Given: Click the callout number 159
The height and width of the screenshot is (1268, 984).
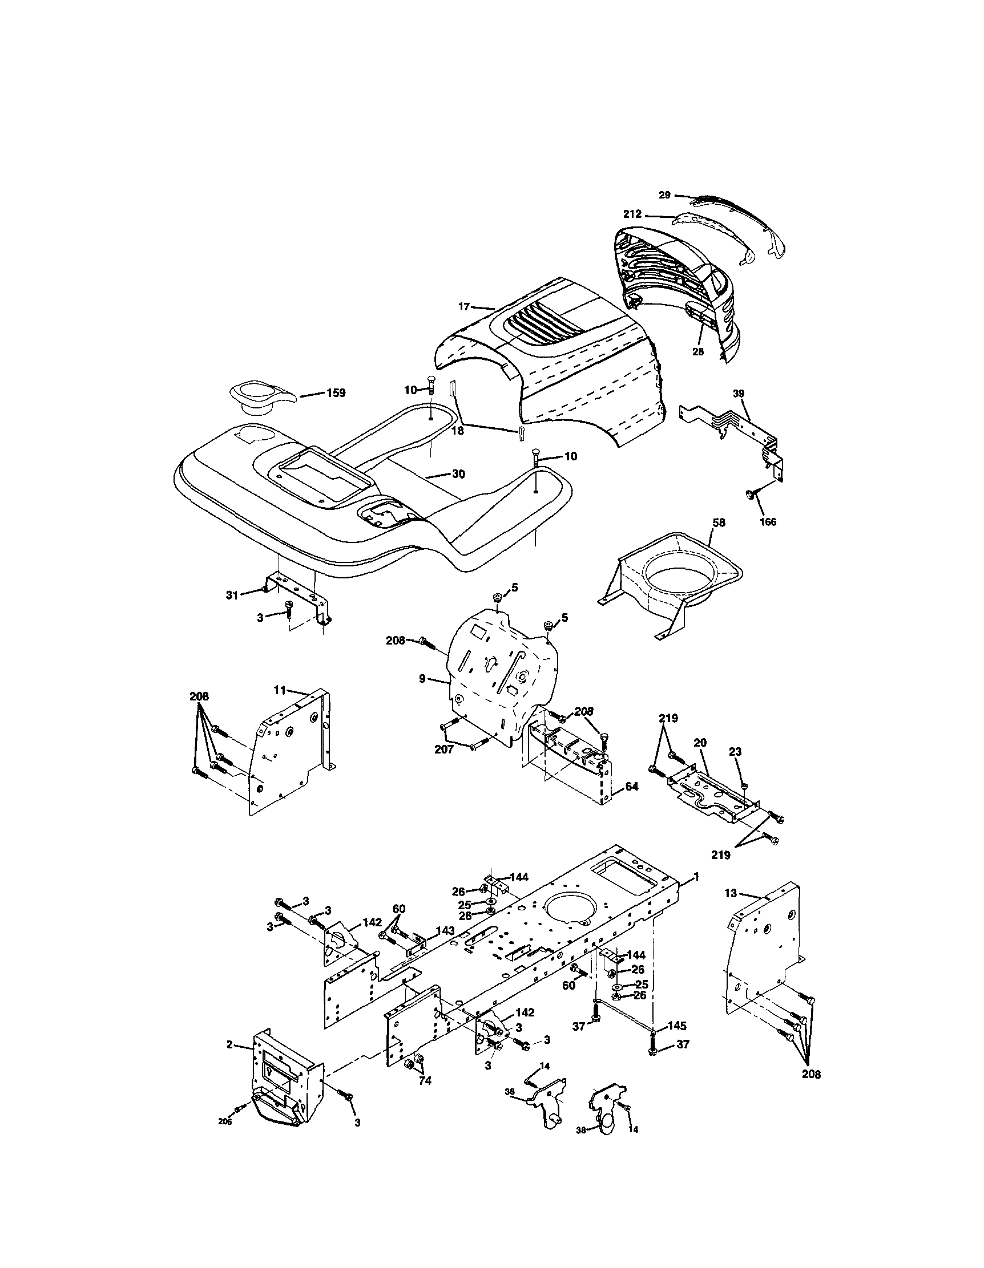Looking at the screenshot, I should coord(336,393).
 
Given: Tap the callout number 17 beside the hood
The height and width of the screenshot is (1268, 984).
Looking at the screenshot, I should coord(463,306).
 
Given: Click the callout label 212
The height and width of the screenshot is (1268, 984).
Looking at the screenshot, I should coord(632,214).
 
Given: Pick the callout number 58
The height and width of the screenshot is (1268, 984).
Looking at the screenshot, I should coord(719,523).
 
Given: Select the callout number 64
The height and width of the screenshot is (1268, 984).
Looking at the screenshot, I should coord(631,787).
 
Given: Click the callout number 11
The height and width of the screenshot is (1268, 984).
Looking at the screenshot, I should coord(280,690).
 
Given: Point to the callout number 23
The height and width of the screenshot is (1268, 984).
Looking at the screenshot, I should coord(735,751).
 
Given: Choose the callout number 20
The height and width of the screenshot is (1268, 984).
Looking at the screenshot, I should coord(700,743).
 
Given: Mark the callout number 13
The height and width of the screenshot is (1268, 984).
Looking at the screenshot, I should coord(731,893).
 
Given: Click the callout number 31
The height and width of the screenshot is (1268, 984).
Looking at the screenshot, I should coord(232,594).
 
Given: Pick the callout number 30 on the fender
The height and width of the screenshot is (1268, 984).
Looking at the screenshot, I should coord(458,475).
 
